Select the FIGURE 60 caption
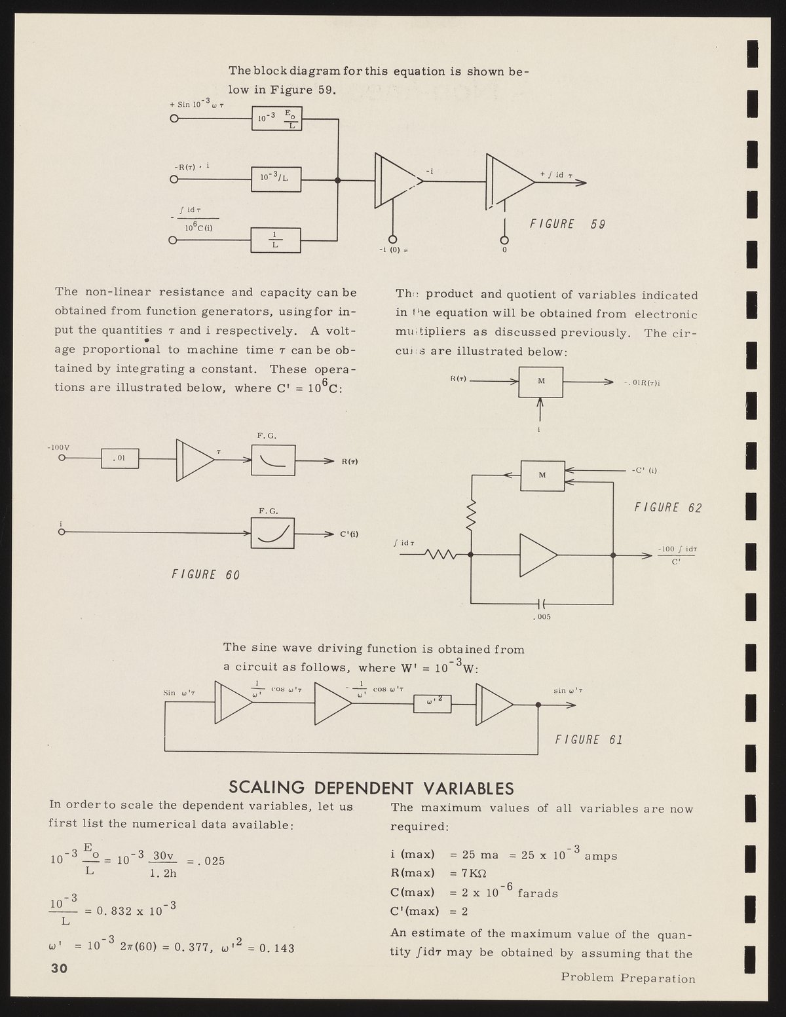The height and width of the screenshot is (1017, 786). (205, 574)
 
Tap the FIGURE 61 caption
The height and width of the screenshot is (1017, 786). (588, 740)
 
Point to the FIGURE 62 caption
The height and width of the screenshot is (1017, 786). (667, 507)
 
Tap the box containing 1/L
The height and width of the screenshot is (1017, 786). (276, 240)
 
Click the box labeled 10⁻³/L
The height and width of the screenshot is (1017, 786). (276, 179)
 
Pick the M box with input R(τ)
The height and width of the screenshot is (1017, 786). (540, 381)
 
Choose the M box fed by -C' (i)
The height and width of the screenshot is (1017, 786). (542, 475)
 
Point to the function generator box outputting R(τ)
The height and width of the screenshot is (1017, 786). (272, 459)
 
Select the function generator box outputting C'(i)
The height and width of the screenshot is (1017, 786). (272, 532)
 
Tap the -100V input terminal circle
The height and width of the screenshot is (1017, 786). (62, 459)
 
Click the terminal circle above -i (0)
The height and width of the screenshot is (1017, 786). (393, 240)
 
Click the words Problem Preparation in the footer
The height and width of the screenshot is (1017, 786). (627, 997)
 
